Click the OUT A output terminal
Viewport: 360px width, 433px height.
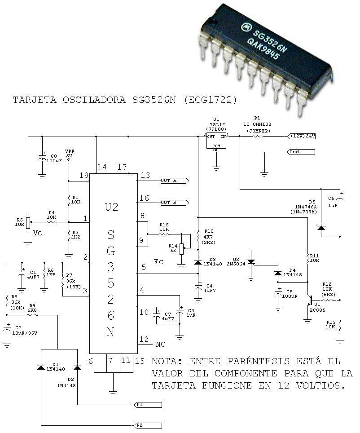175,181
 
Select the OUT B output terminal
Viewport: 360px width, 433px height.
175,203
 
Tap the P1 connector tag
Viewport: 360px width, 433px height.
148,405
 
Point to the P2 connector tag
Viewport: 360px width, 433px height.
148,425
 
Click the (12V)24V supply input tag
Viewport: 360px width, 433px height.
301,136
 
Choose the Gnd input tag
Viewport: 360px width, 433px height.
301,152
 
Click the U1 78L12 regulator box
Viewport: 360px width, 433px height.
216,141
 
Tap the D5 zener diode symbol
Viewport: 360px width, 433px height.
321,228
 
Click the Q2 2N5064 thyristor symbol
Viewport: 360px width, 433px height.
251,261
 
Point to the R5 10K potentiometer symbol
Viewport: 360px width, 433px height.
28,223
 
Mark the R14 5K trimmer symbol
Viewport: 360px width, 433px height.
182,249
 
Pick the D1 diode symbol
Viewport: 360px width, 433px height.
41,367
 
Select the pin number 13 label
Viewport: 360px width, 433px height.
145,175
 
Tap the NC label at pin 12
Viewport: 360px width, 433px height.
160,345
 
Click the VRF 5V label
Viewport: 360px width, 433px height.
69,154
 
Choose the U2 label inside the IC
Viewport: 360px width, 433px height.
111,207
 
